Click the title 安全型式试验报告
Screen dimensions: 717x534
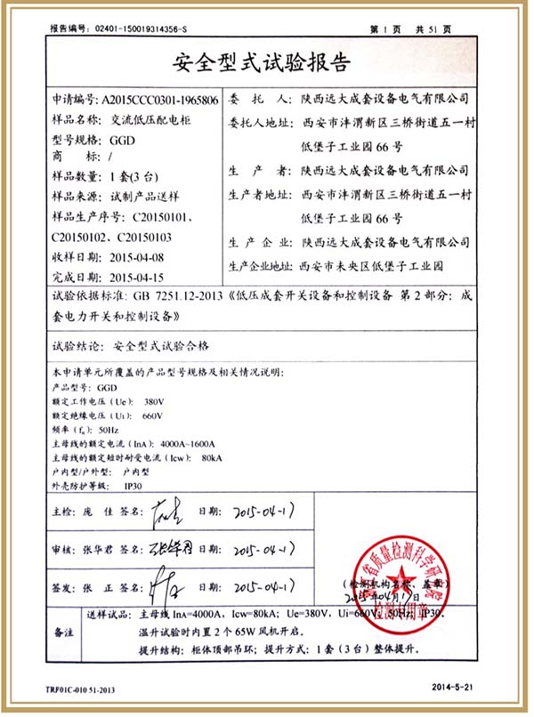[266, 63]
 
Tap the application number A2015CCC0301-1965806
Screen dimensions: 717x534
[160, 98]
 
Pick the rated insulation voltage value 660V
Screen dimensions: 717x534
[153, 415]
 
